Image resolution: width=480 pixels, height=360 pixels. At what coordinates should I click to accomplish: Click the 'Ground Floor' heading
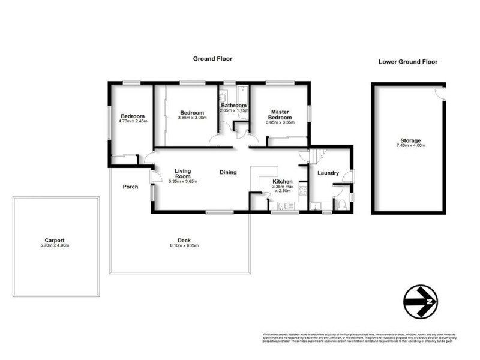[x=212, y=59]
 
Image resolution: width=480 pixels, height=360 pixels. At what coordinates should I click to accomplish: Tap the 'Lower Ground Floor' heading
[x=408, y=61]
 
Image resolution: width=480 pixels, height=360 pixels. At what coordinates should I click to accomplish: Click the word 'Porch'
[x=130, y=187]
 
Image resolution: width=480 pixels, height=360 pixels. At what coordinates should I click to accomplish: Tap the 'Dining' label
[x=228, y=172]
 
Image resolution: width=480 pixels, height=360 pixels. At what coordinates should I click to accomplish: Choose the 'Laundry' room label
[x=329, y=173]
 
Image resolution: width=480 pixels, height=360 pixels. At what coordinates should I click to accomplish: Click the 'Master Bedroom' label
[x=280, y=115]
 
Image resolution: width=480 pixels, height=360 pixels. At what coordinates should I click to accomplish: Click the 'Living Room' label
[x=183, y=174]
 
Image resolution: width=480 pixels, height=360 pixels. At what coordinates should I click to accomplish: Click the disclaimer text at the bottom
[x=352, y=337]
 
